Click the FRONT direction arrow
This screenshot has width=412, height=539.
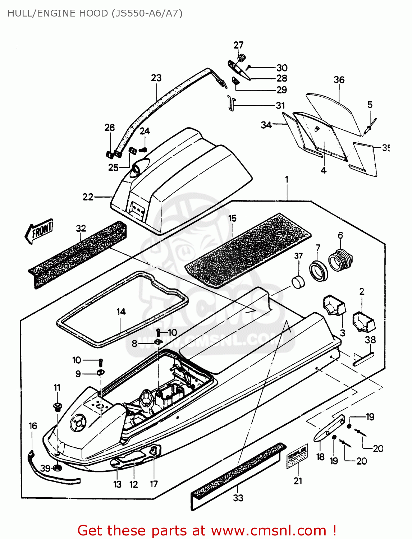tap(39, 231)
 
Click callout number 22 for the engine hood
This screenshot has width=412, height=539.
tap(88, 197)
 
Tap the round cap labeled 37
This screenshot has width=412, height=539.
tap(298, 282)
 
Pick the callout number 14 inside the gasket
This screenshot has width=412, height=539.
tap(121, 312)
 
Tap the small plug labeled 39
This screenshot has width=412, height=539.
tap(56, 468)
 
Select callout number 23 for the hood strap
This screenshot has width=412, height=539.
tap(156, 78)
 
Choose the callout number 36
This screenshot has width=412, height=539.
tap(339, 79)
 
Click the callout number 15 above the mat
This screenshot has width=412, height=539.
tap(232, 218)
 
